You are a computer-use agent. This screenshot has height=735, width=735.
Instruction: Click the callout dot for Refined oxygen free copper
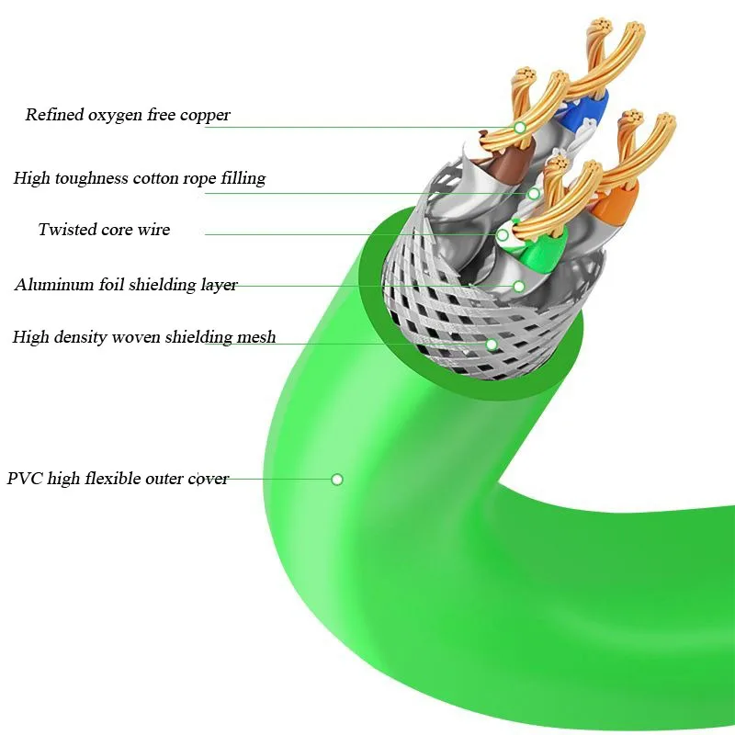(x=519, y=127)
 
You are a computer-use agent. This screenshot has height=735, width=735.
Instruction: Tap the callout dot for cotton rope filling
(x=534, y=193)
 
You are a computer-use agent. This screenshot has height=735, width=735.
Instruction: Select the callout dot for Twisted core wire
(x=503, y=235)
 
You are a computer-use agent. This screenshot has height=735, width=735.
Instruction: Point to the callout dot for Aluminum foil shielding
(x=518, y=287)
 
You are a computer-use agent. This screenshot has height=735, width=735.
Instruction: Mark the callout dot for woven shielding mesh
(x=492, y=345)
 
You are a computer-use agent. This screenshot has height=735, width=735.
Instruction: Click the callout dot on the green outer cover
(x=337, y=479)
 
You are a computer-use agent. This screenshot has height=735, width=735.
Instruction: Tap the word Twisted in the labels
(x=67, y=230)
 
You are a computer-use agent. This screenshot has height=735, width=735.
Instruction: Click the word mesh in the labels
(x=258, y=337)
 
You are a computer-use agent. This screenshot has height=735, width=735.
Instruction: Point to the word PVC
(x=25, y=479)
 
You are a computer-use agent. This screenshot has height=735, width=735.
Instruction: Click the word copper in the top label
(x=206, y=116)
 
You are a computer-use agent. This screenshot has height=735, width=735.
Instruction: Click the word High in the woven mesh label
(x=30, y=337)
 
